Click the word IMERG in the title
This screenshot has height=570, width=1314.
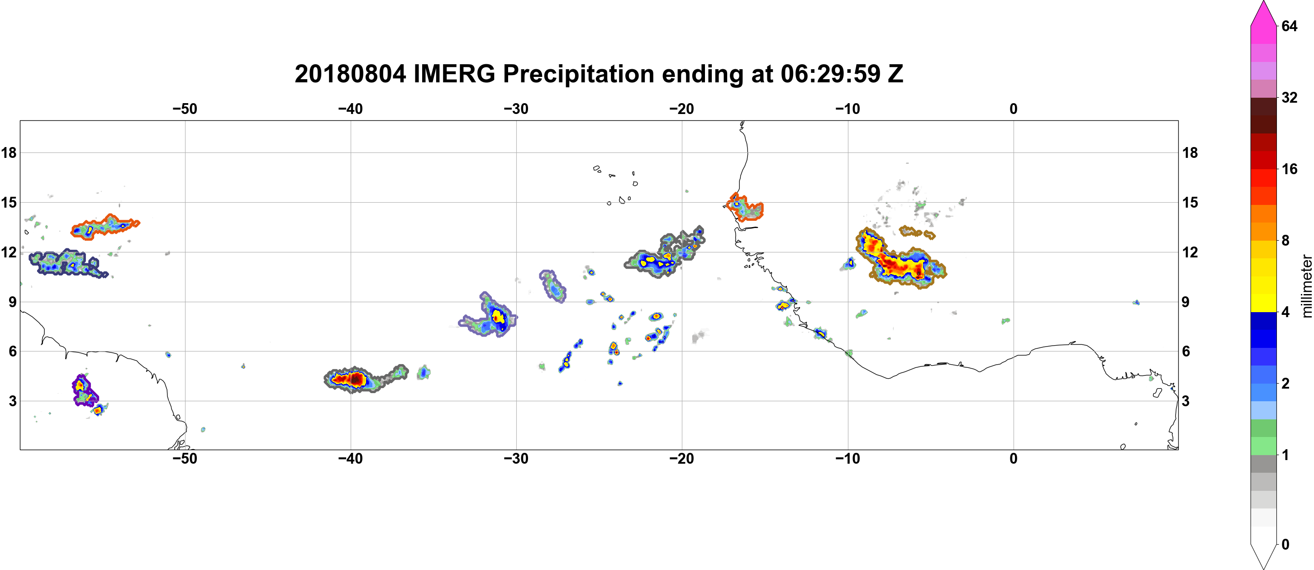454,74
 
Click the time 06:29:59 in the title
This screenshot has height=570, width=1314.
830,74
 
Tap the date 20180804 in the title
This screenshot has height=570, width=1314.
350,74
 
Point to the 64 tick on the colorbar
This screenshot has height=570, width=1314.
1289,26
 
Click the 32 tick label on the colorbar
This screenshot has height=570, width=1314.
1289,97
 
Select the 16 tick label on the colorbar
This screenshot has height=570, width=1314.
1289,169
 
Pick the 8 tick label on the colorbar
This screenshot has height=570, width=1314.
1285,240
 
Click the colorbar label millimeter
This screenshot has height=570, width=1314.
1306,286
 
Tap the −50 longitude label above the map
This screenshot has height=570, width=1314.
185,109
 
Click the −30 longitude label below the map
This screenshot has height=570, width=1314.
516,458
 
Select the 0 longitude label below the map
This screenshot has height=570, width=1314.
1014,458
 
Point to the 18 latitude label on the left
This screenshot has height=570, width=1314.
9,152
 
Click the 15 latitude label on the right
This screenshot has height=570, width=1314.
1190,202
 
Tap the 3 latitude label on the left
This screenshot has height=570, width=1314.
12,401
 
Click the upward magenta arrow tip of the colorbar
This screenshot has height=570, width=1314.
1263,3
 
